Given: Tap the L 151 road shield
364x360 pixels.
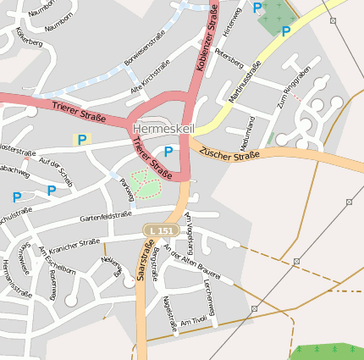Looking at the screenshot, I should (x=160, y=230).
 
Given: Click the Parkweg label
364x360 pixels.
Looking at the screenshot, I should (x=127, y=189).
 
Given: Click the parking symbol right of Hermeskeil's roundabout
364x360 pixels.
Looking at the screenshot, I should (x=168, y=152).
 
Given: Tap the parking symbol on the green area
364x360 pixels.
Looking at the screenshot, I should (x=285, y=32).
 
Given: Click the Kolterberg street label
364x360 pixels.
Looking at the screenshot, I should (x=28, y=39).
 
